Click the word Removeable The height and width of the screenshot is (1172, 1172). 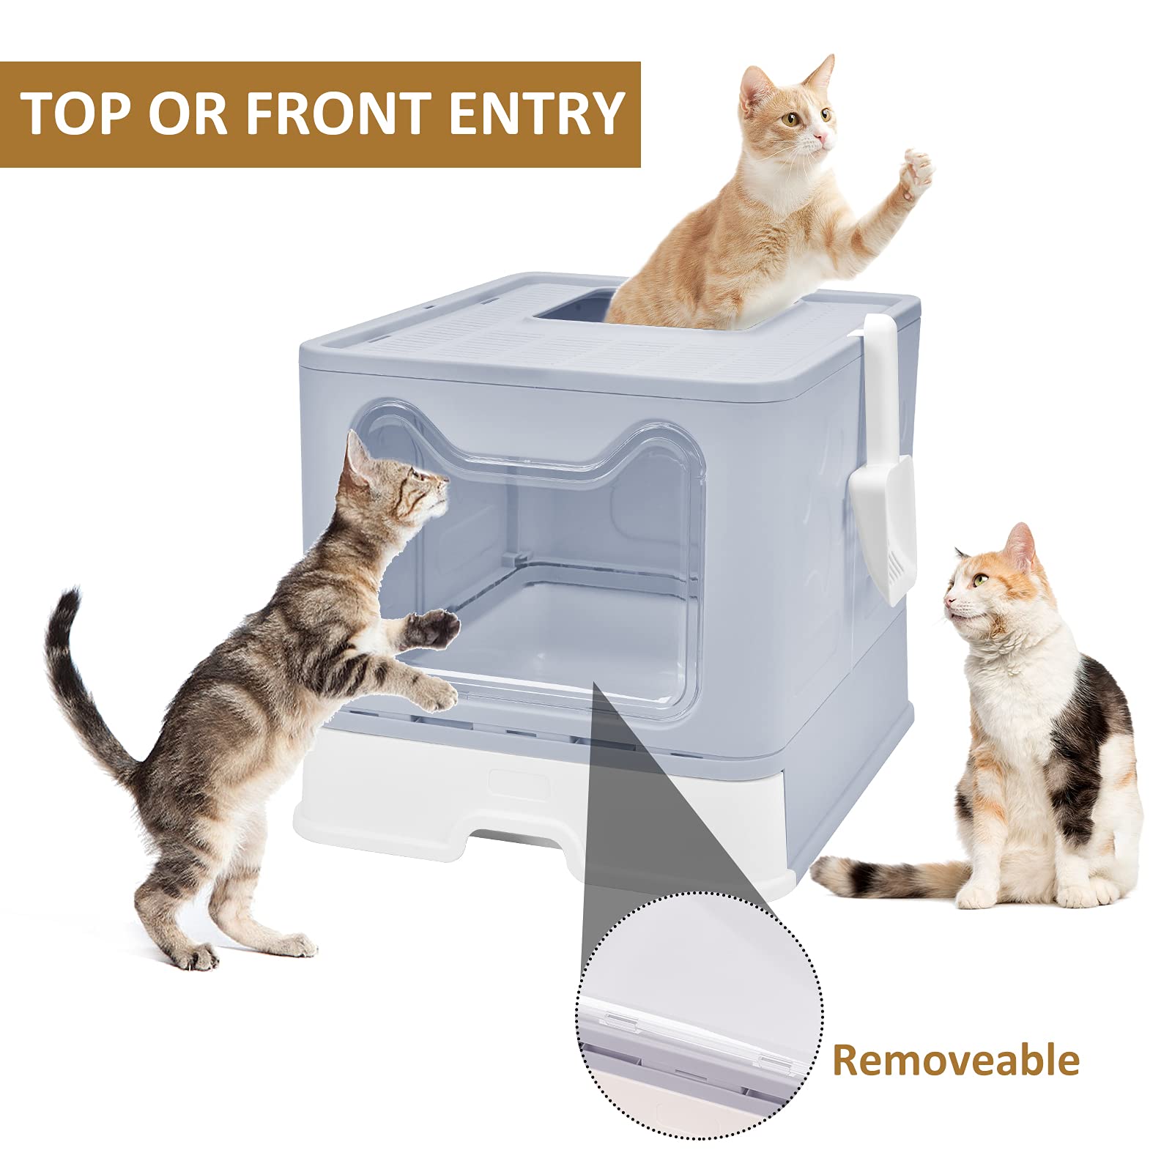coord(955,1060)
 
